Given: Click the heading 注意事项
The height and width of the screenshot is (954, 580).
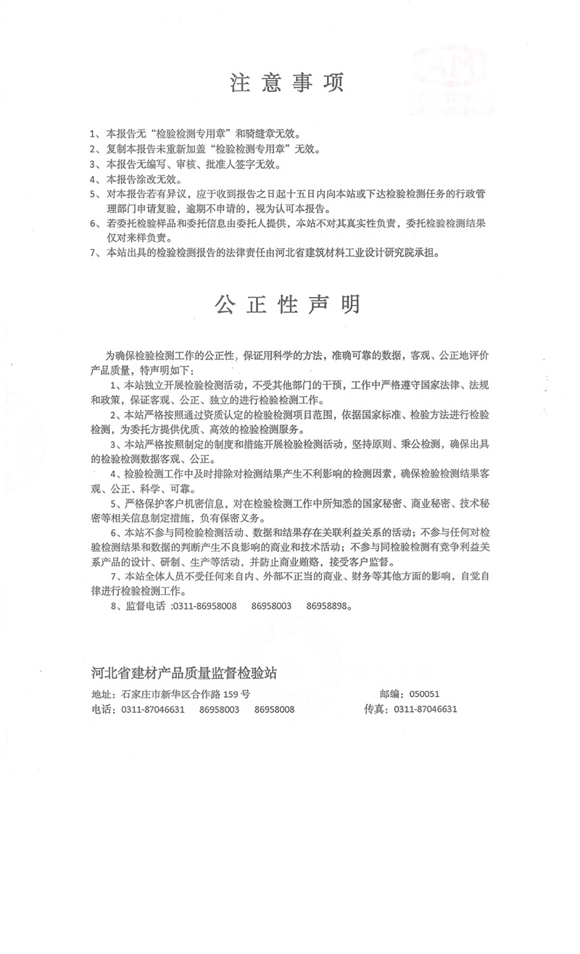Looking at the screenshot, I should point(287,82).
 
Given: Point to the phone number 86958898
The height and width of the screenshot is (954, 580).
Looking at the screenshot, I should point(328,606).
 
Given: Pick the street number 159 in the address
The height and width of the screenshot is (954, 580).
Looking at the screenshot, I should point(231,694).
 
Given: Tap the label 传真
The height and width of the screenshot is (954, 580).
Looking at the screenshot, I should point(376,709).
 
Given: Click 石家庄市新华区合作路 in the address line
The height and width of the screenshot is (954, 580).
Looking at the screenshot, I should point(170,694).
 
